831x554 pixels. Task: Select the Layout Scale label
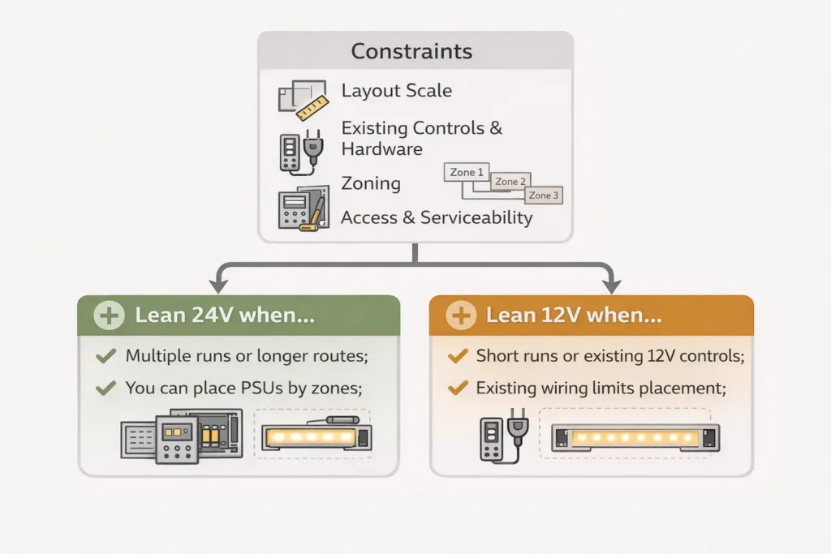[x=396, y=91]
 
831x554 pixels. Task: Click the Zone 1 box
[x=467, y=172]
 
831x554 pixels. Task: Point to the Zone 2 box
[x=510, y=182]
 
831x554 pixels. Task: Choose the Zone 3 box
[x=544, y=195]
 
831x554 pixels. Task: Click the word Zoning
[x=370, y=183]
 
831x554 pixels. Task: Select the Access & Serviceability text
[x=437, y=217]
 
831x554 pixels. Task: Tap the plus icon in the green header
[x=110, y=316]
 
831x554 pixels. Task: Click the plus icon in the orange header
[x=461, y=316]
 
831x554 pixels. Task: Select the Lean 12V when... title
[x=574, y=316]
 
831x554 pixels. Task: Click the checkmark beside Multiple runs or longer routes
[x=105, y=356]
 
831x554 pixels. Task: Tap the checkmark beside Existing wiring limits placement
[x=458, y=389]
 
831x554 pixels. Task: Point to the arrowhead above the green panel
[x=217, y=285]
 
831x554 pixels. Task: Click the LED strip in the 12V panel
[x=635, y=439]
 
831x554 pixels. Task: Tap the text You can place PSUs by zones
[x=243, y=389]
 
